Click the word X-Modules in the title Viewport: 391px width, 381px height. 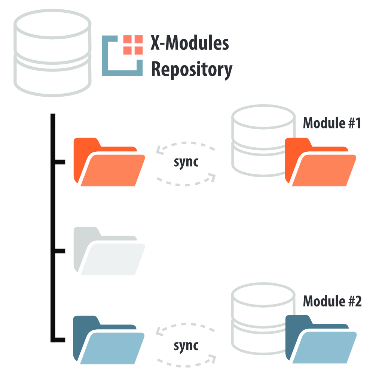189,44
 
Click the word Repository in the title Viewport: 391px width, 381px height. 191,69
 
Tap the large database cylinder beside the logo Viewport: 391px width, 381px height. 53,52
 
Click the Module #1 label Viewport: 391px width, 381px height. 332,123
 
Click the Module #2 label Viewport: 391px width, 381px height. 332,301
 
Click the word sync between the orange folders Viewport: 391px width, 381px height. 186,163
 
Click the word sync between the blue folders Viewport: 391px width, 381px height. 186,345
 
